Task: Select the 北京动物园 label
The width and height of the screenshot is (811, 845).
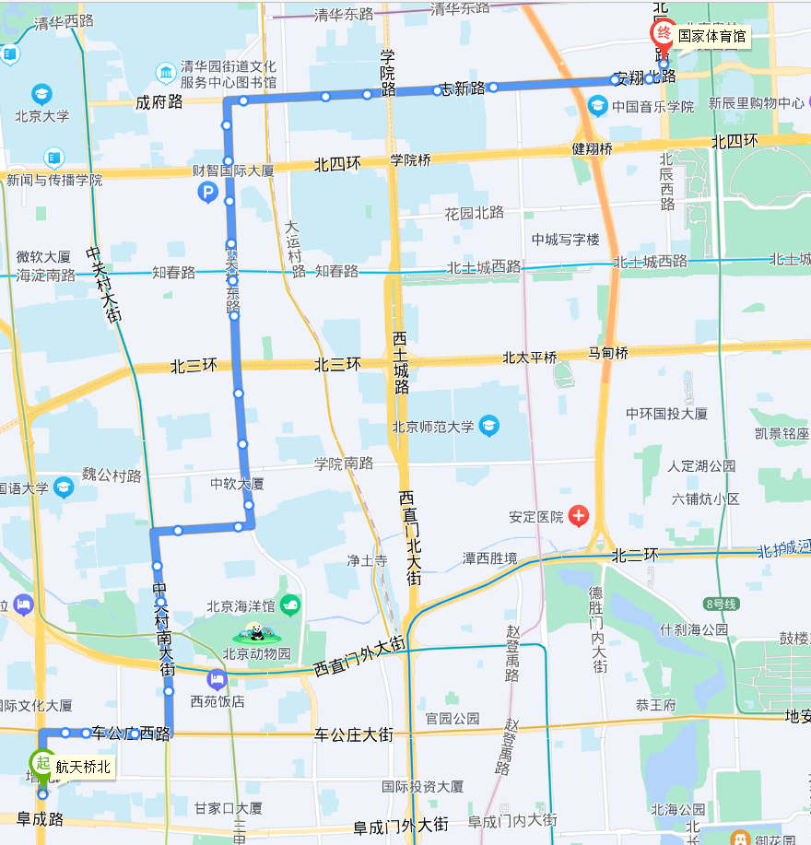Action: pos(256,654)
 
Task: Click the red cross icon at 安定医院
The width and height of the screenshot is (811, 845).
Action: pos(579,516)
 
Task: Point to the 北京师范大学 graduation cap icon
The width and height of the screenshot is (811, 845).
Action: pos(488,426)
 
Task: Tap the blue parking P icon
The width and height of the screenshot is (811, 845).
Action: pos(208,193)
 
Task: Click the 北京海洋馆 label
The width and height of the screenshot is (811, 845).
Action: pos(241,606)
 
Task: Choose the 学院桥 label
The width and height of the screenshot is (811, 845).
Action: pos(410,160)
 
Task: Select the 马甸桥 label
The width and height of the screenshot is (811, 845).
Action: pos(608,353)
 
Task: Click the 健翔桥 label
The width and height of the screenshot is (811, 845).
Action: pos(592,147)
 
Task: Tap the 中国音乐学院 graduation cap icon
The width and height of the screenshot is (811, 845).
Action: pos(597,107)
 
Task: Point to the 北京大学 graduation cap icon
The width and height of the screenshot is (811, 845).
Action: pos(41,94)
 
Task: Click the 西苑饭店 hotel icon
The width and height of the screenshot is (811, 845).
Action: pos(217,681)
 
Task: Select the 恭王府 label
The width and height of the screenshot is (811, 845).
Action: pos(656,705)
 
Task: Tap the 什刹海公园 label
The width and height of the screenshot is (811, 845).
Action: pos(694,629)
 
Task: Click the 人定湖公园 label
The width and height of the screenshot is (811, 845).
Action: pos(701,466)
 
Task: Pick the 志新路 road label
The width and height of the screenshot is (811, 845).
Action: pos(463,88)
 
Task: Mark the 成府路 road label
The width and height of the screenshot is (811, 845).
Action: pos(159,102)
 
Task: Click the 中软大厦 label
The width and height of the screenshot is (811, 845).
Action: pos(237,484)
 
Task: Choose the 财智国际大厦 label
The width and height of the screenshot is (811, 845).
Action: pos(233,170)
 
